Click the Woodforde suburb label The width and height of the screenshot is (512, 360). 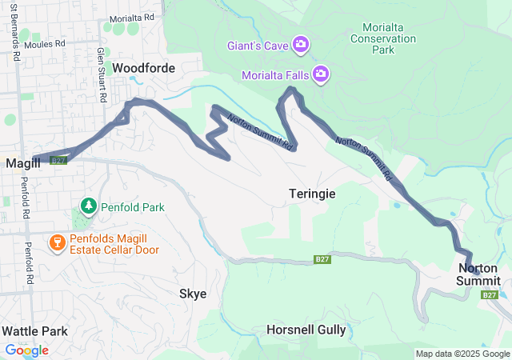(143, 69)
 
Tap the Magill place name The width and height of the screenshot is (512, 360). (23, 163)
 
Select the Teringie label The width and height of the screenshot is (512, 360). (312, 194)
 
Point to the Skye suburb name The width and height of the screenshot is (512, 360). (193, 294)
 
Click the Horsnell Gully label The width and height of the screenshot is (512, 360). (306, 330)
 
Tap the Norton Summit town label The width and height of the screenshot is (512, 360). (478, 274)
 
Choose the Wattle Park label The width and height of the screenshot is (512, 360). (34, 330)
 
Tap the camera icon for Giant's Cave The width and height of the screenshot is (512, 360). (301, 43)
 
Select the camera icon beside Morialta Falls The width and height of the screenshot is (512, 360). (320, 74)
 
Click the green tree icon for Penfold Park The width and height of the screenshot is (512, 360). (88, 207)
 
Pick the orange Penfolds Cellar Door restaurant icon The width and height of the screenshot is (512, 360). (57, 242)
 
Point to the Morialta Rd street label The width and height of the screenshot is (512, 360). (131, 18)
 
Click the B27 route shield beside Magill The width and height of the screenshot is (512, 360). (58, 161)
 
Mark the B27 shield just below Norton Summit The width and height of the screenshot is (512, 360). (489, 295)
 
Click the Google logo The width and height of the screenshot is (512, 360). (26, 350)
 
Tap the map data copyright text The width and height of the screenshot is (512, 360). (462, 354)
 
